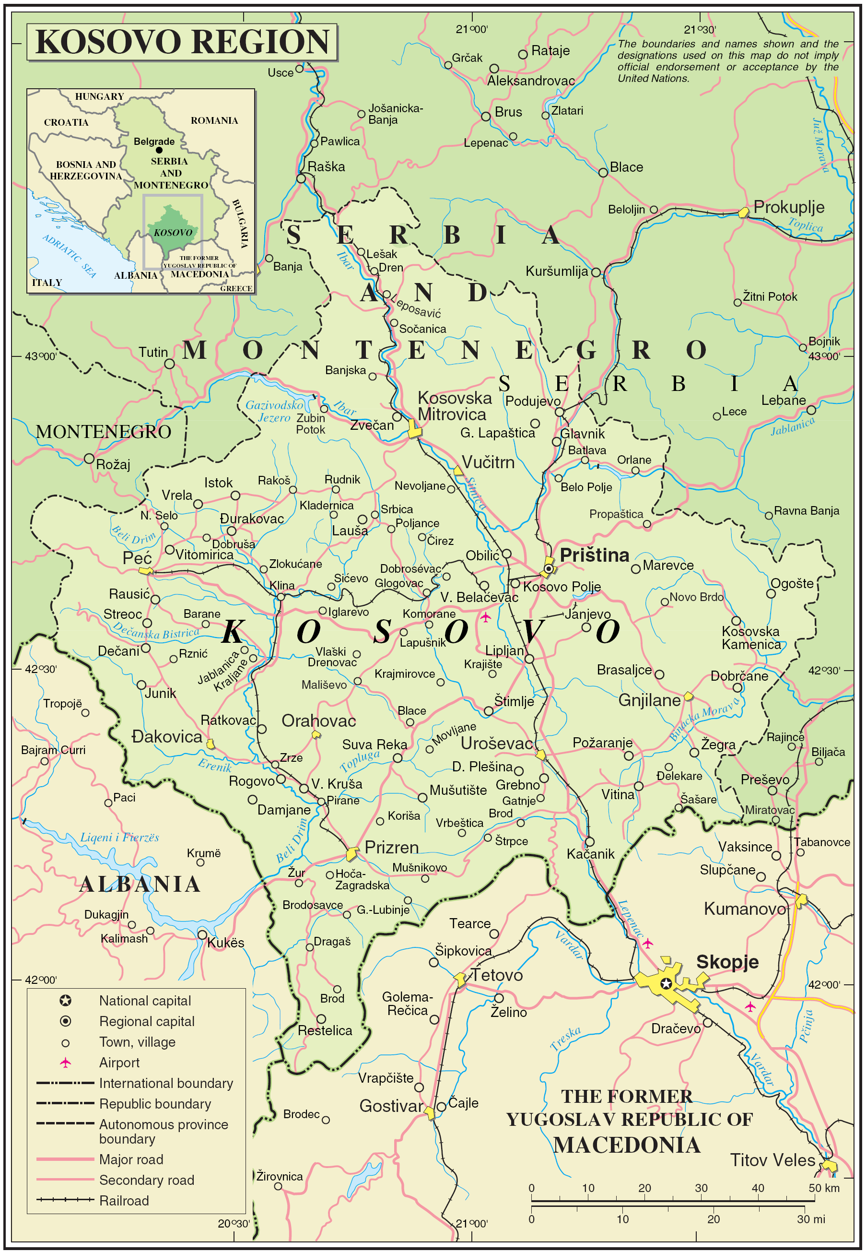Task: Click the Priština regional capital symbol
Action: point(549,568)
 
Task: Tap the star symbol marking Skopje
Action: point(666,983)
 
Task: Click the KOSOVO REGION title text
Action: point(182,42)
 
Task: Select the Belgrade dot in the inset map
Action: point(159,150)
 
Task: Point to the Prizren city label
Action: point(391,847)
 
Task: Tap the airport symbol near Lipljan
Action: point(485,617)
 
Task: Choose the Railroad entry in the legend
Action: point(124,1201)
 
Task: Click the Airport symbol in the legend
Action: point(66,1062)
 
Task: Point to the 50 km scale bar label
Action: point(824,1188)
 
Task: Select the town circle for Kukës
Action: point(202,934)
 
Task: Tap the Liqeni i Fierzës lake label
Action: point(119,837)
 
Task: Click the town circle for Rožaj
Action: point(89,459)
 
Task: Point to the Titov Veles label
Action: point(772,1160)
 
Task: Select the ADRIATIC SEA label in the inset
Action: point(69,256)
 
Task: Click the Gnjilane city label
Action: point(649,700)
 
